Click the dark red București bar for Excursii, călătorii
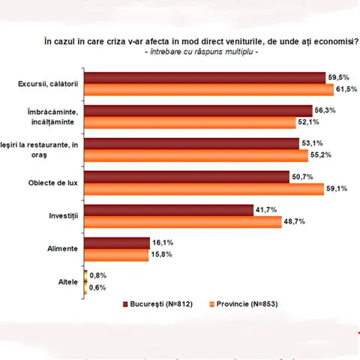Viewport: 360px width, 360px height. pyautogui.click(x=205, y=78)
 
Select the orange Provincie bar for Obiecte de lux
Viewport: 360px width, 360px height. pyautogui.click(x=204, y=189)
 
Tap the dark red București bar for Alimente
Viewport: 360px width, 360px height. pyautogui.click(x=117, y=243)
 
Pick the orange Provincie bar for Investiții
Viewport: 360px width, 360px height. pyautogui.click(x=183, y=222)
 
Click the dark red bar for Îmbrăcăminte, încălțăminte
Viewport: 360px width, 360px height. pyautogui.click(x=198, y=111)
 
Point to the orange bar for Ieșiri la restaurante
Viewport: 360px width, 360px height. pyautogui.click(x=196, y=156)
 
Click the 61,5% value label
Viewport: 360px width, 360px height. pyautogui.click(x=346, y=89)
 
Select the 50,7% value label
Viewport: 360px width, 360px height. pyautogui.click(x=302, y=177)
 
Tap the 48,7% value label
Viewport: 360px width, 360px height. pyautogui.click(x=294, y=221)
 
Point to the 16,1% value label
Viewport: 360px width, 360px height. pyautogui.click(x=163, y=242)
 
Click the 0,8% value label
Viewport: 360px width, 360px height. pyautogui.click(x=98, y=275)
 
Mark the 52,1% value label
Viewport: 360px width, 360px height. pyautogui.click(x=308, y=122)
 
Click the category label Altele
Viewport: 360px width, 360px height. pyautogui.click(x=68, y=282)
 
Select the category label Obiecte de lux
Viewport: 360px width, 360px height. pyautogui.click(x=53, y=183)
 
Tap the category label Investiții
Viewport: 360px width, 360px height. pyautogui.click(x=64, y=216)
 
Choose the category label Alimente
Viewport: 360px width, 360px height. pyautogui.click(x=63, y=249)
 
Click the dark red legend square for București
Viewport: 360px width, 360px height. pyautogui.click(x=125, y=304)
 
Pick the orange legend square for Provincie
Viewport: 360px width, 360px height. pyautogui.click(x=212, y=304)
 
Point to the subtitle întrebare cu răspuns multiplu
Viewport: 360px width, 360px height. pyautogui.click(x=202, y=52)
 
